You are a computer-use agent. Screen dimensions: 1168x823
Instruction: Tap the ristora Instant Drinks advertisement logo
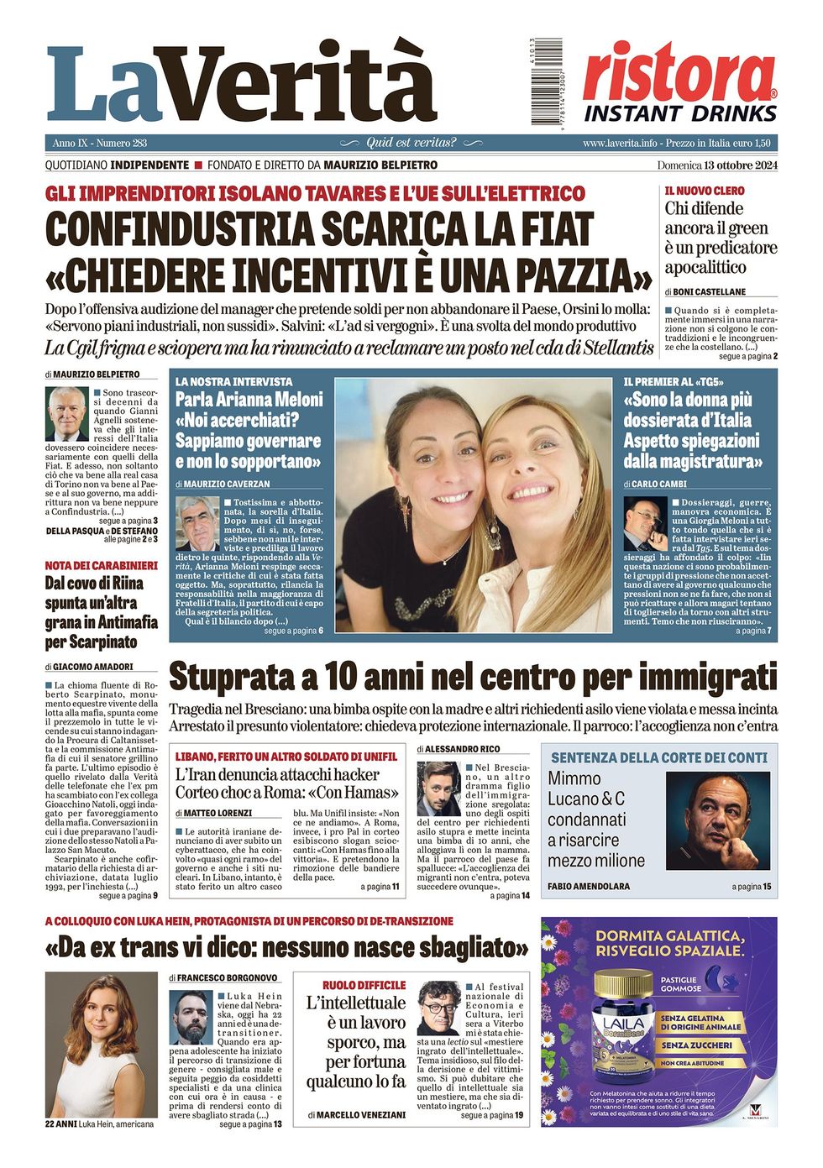[680, 82]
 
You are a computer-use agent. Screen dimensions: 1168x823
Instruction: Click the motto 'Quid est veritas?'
[411, 143]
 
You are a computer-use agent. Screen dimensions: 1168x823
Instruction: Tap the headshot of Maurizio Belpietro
[66, 414]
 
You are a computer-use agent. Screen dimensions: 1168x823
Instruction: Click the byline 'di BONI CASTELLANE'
[705, 291]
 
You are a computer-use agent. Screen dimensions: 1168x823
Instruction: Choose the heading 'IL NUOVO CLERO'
[705, 191]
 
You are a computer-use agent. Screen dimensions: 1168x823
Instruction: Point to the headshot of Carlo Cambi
[645, 523]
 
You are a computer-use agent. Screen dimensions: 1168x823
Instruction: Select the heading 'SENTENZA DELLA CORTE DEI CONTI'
[659, 757]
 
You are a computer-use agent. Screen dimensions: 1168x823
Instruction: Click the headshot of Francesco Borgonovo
[191, 1017]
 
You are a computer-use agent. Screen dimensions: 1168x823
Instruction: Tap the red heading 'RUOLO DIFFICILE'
[364, 985]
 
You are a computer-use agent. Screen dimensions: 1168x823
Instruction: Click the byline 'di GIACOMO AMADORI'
[89, 667]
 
